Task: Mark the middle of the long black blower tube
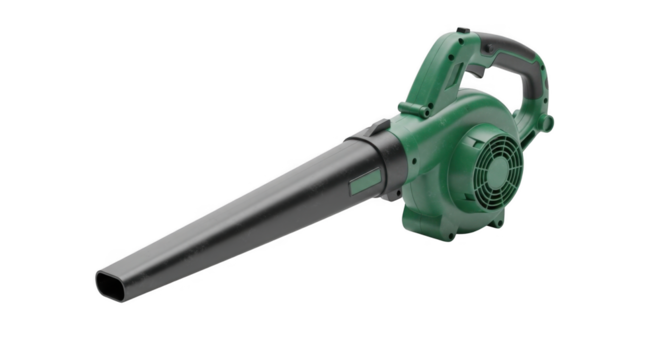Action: (240, 220)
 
